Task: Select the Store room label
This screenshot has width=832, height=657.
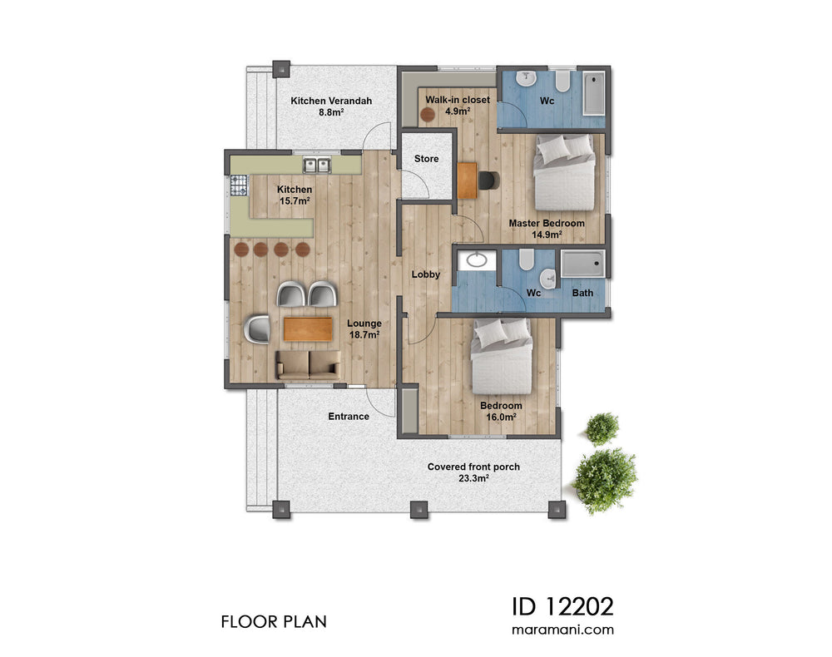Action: click(x=426, y=159)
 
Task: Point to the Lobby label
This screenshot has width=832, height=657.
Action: click(x=425, y=274)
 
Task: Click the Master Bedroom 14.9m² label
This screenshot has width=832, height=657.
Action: click(x=547, y=229)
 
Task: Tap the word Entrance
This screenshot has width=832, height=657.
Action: click(x=349, y=417)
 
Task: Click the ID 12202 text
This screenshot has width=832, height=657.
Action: click(x=562, y=603)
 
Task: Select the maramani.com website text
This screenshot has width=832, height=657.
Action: click(x=562, y=630)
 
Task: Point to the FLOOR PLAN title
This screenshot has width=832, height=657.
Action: click(x=274, y=621)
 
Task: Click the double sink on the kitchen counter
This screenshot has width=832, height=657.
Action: click(x=317, y=165)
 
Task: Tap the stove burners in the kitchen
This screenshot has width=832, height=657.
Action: click(x=239, y=185)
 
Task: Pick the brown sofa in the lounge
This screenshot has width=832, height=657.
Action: click(x=308, y=363)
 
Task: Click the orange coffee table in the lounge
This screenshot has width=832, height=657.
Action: click(x=307, y=329)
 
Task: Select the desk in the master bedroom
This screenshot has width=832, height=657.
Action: click(x=467, y=180)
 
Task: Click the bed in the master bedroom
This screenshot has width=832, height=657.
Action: click(x=565, y=172)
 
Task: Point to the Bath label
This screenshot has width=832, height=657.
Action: click(x=582, y=293)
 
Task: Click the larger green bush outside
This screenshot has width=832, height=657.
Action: click(x=605, y=479)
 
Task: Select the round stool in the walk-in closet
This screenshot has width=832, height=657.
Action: click(x=428, y=116)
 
